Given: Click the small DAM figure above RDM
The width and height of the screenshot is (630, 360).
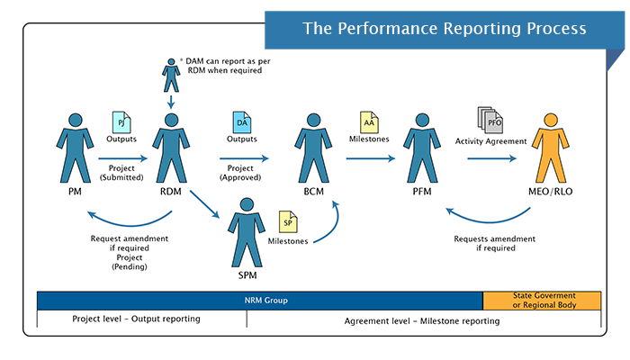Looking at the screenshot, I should [170, 75].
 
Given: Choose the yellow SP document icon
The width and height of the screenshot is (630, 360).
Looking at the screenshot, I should [286, 221].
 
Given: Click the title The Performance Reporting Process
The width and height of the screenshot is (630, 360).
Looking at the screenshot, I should [445, 29].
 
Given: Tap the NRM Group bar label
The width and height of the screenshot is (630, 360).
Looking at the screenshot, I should [259, 300].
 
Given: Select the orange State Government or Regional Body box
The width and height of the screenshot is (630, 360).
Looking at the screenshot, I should [542, 300].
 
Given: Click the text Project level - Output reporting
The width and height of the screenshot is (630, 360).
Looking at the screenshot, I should [137, 319].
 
